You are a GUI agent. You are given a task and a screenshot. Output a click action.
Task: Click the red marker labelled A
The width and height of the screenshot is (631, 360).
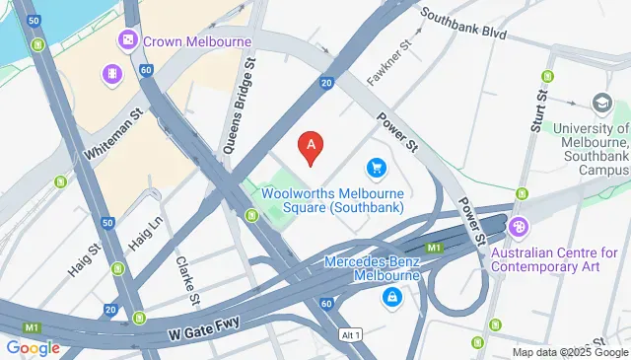pyautogui.click(x=312, y=148)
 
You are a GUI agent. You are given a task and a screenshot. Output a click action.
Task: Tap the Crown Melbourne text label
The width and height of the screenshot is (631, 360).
pyautogui.click(x=197, y=41)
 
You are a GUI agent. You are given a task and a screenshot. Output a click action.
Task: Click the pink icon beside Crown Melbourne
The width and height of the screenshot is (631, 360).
pyautogui.click(x=127, y=41)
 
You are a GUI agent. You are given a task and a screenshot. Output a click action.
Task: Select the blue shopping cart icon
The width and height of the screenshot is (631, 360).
pyautogui.click(x=376, y=169)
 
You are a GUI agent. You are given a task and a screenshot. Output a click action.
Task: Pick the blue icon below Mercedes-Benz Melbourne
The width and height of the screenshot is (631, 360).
pyautogui.click(x=392, y=297)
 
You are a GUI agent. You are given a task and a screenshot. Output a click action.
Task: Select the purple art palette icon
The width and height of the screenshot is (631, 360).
pyautogui.click(x=520, y=228)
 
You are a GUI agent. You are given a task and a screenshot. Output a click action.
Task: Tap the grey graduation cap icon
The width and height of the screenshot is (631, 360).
pyautogui.click(x=600, y=103)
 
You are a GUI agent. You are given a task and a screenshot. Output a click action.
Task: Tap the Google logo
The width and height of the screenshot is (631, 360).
pyautogui.click(x=32, y=347)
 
